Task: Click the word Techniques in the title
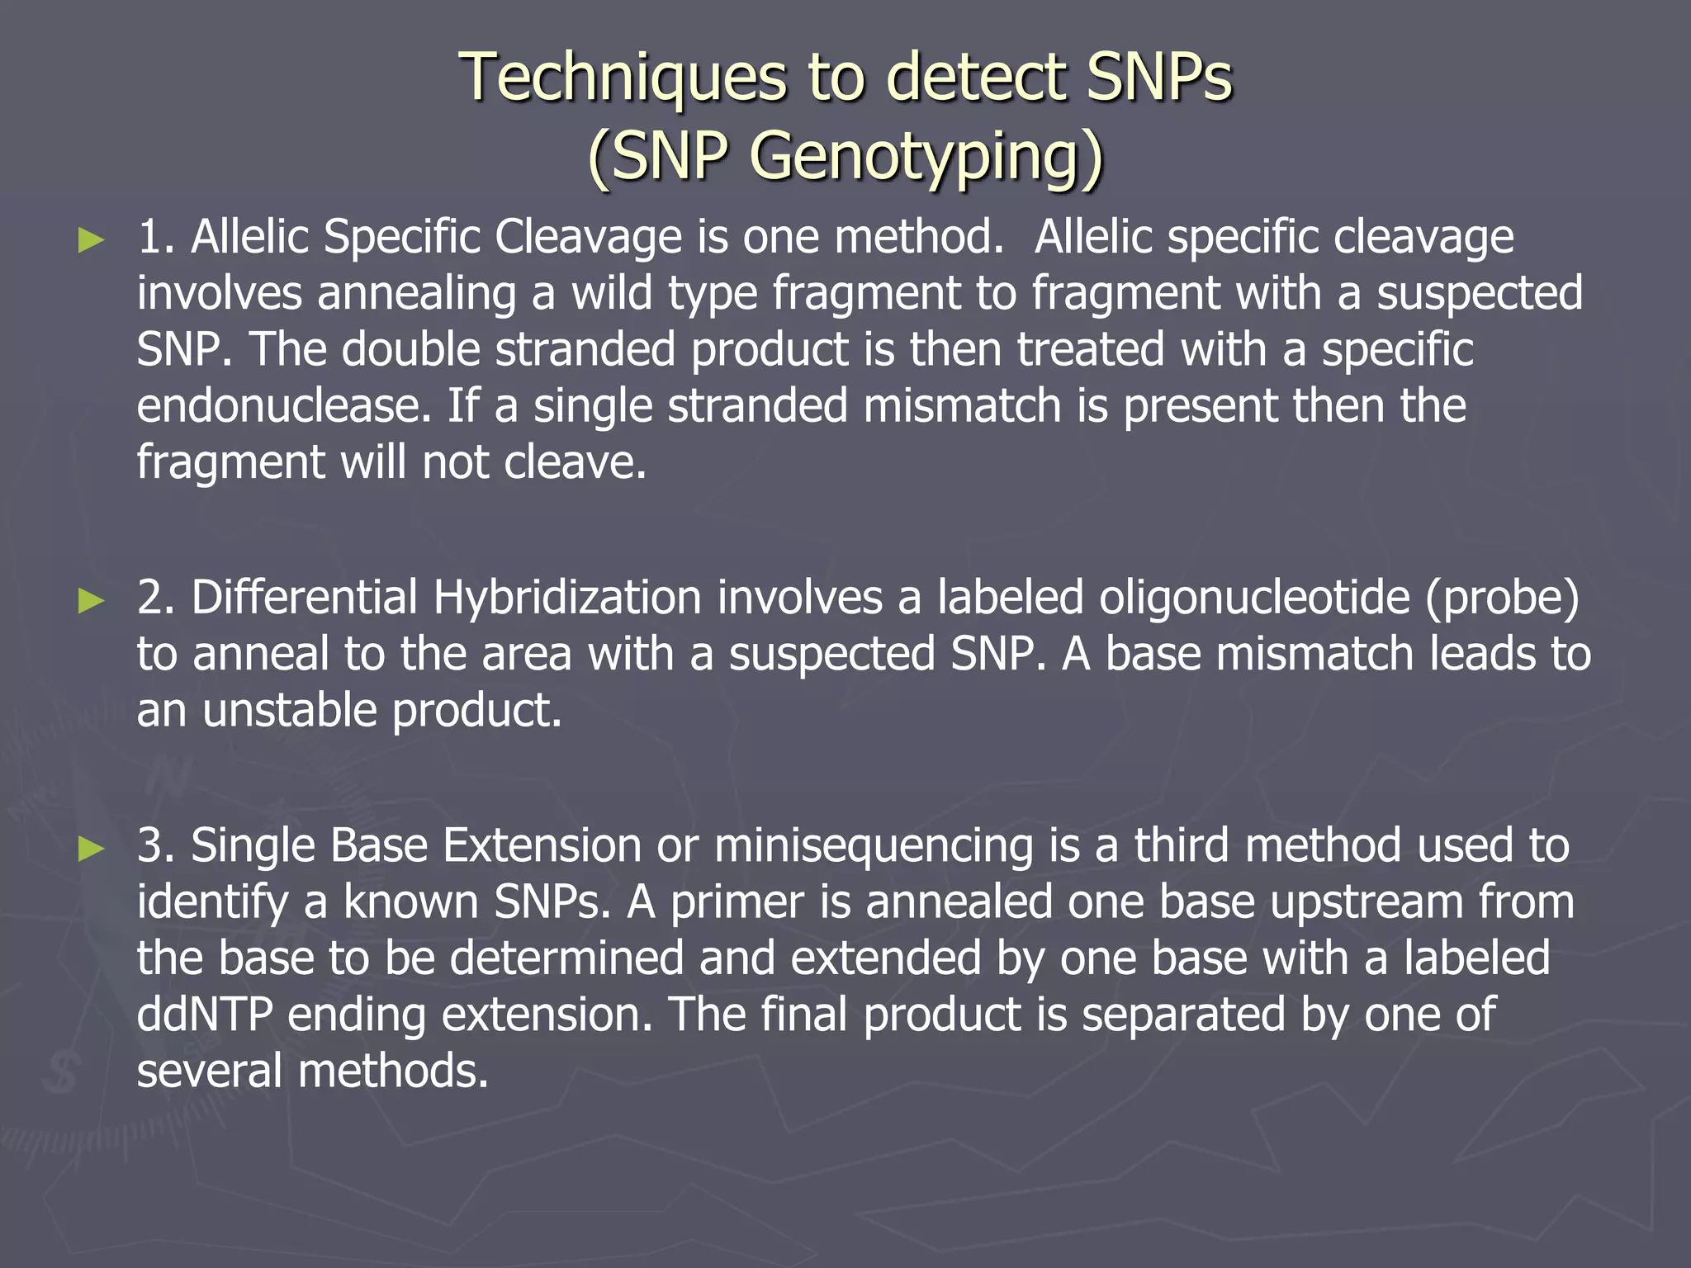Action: tap(623, 77)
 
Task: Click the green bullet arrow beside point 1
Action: tap(91, 240)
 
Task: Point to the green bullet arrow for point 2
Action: tap(91, 600)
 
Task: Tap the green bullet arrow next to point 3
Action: tap(91, 849)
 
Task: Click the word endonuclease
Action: tap(284, 406)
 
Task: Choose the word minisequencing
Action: tap(874, 847)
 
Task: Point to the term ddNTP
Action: tap(205, 1015)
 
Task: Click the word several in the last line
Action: tap(210, 1071)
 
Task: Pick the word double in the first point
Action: tap(410, 349)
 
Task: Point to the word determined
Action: tap(566, 958)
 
